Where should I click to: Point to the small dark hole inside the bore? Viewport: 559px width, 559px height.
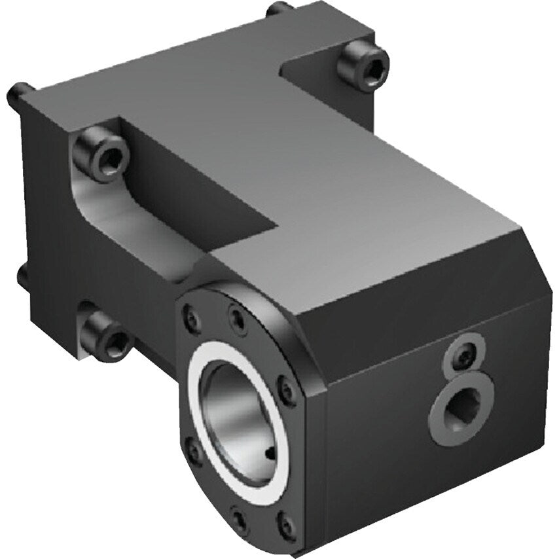(272, 452)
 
